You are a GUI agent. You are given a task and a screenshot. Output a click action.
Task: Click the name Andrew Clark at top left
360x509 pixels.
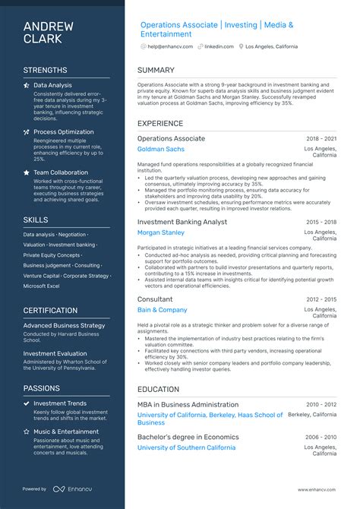tap(49, 33)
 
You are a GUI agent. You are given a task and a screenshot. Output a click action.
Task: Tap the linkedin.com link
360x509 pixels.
tap(219, 46)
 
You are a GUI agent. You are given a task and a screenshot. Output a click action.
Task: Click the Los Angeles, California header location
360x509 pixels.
tap(271, 46)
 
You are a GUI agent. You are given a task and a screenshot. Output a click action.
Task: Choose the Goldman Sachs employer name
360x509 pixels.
tap(161, 149)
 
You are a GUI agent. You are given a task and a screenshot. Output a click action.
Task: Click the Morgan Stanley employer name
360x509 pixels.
tap(161, 232)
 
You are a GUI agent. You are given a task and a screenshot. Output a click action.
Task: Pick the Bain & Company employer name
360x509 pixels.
tap(163, 310)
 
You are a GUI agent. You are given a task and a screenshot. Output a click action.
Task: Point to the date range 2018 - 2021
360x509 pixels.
tap(321, 139)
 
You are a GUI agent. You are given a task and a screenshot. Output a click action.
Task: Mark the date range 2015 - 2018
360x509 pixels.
tap(321, 222)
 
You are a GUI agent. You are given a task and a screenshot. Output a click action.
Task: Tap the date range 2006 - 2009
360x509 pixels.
tap(321, 438)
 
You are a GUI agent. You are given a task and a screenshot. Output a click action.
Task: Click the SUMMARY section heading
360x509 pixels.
tap(156, 71)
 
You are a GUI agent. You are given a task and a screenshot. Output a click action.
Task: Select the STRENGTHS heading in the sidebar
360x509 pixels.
tap(45, 70)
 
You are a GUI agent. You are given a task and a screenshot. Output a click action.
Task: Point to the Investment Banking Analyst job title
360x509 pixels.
tap(182, 221)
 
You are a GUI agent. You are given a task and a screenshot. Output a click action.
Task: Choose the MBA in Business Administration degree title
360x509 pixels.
tap(187, 405)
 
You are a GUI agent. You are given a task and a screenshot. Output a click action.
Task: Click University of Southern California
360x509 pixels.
tap(186, 448)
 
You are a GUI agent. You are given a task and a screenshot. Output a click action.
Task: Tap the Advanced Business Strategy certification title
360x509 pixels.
tap(64, 325)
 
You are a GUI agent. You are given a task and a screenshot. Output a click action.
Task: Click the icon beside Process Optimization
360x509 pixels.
tap(27, 132)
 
